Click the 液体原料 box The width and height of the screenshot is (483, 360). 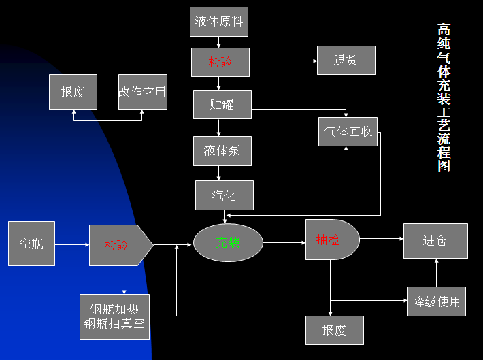(x=218, y=21)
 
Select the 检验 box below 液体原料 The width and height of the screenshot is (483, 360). (x=220, y=62)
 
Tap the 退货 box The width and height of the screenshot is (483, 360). (x=346, y=60)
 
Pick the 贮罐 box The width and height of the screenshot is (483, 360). (x=222, y=104)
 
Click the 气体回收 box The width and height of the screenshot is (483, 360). (x=348, y=131)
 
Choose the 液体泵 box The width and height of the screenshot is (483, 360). (x=222, y=150)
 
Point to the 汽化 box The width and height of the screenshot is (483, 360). (x=224, y=195)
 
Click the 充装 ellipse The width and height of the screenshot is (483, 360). (x=228, y=242)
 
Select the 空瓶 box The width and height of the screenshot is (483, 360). (x=31, y=243)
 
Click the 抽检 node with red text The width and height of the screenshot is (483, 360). (x=331, y=239)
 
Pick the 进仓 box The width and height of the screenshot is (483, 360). (x=435, y=240)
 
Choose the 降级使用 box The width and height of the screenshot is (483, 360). (x=436, y=301)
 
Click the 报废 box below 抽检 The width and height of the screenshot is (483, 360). (x=334, y=330)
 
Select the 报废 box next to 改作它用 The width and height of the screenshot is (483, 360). (x=73, y=92)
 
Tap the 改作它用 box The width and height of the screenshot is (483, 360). (x=142, y=92)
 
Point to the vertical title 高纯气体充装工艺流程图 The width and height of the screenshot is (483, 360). (x=444, y=98)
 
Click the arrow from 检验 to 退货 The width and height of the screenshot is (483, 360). (x=283, y=61)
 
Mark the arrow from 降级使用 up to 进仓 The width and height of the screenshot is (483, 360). (x=436, y=272)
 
